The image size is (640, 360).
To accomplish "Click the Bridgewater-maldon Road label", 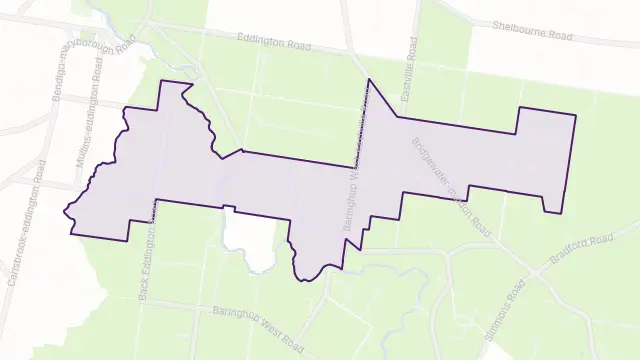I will [452, 186].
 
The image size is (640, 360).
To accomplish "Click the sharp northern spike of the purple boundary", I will [369, 79].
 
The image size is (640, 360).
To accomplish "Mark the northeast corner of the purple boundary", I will [576, 116].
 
